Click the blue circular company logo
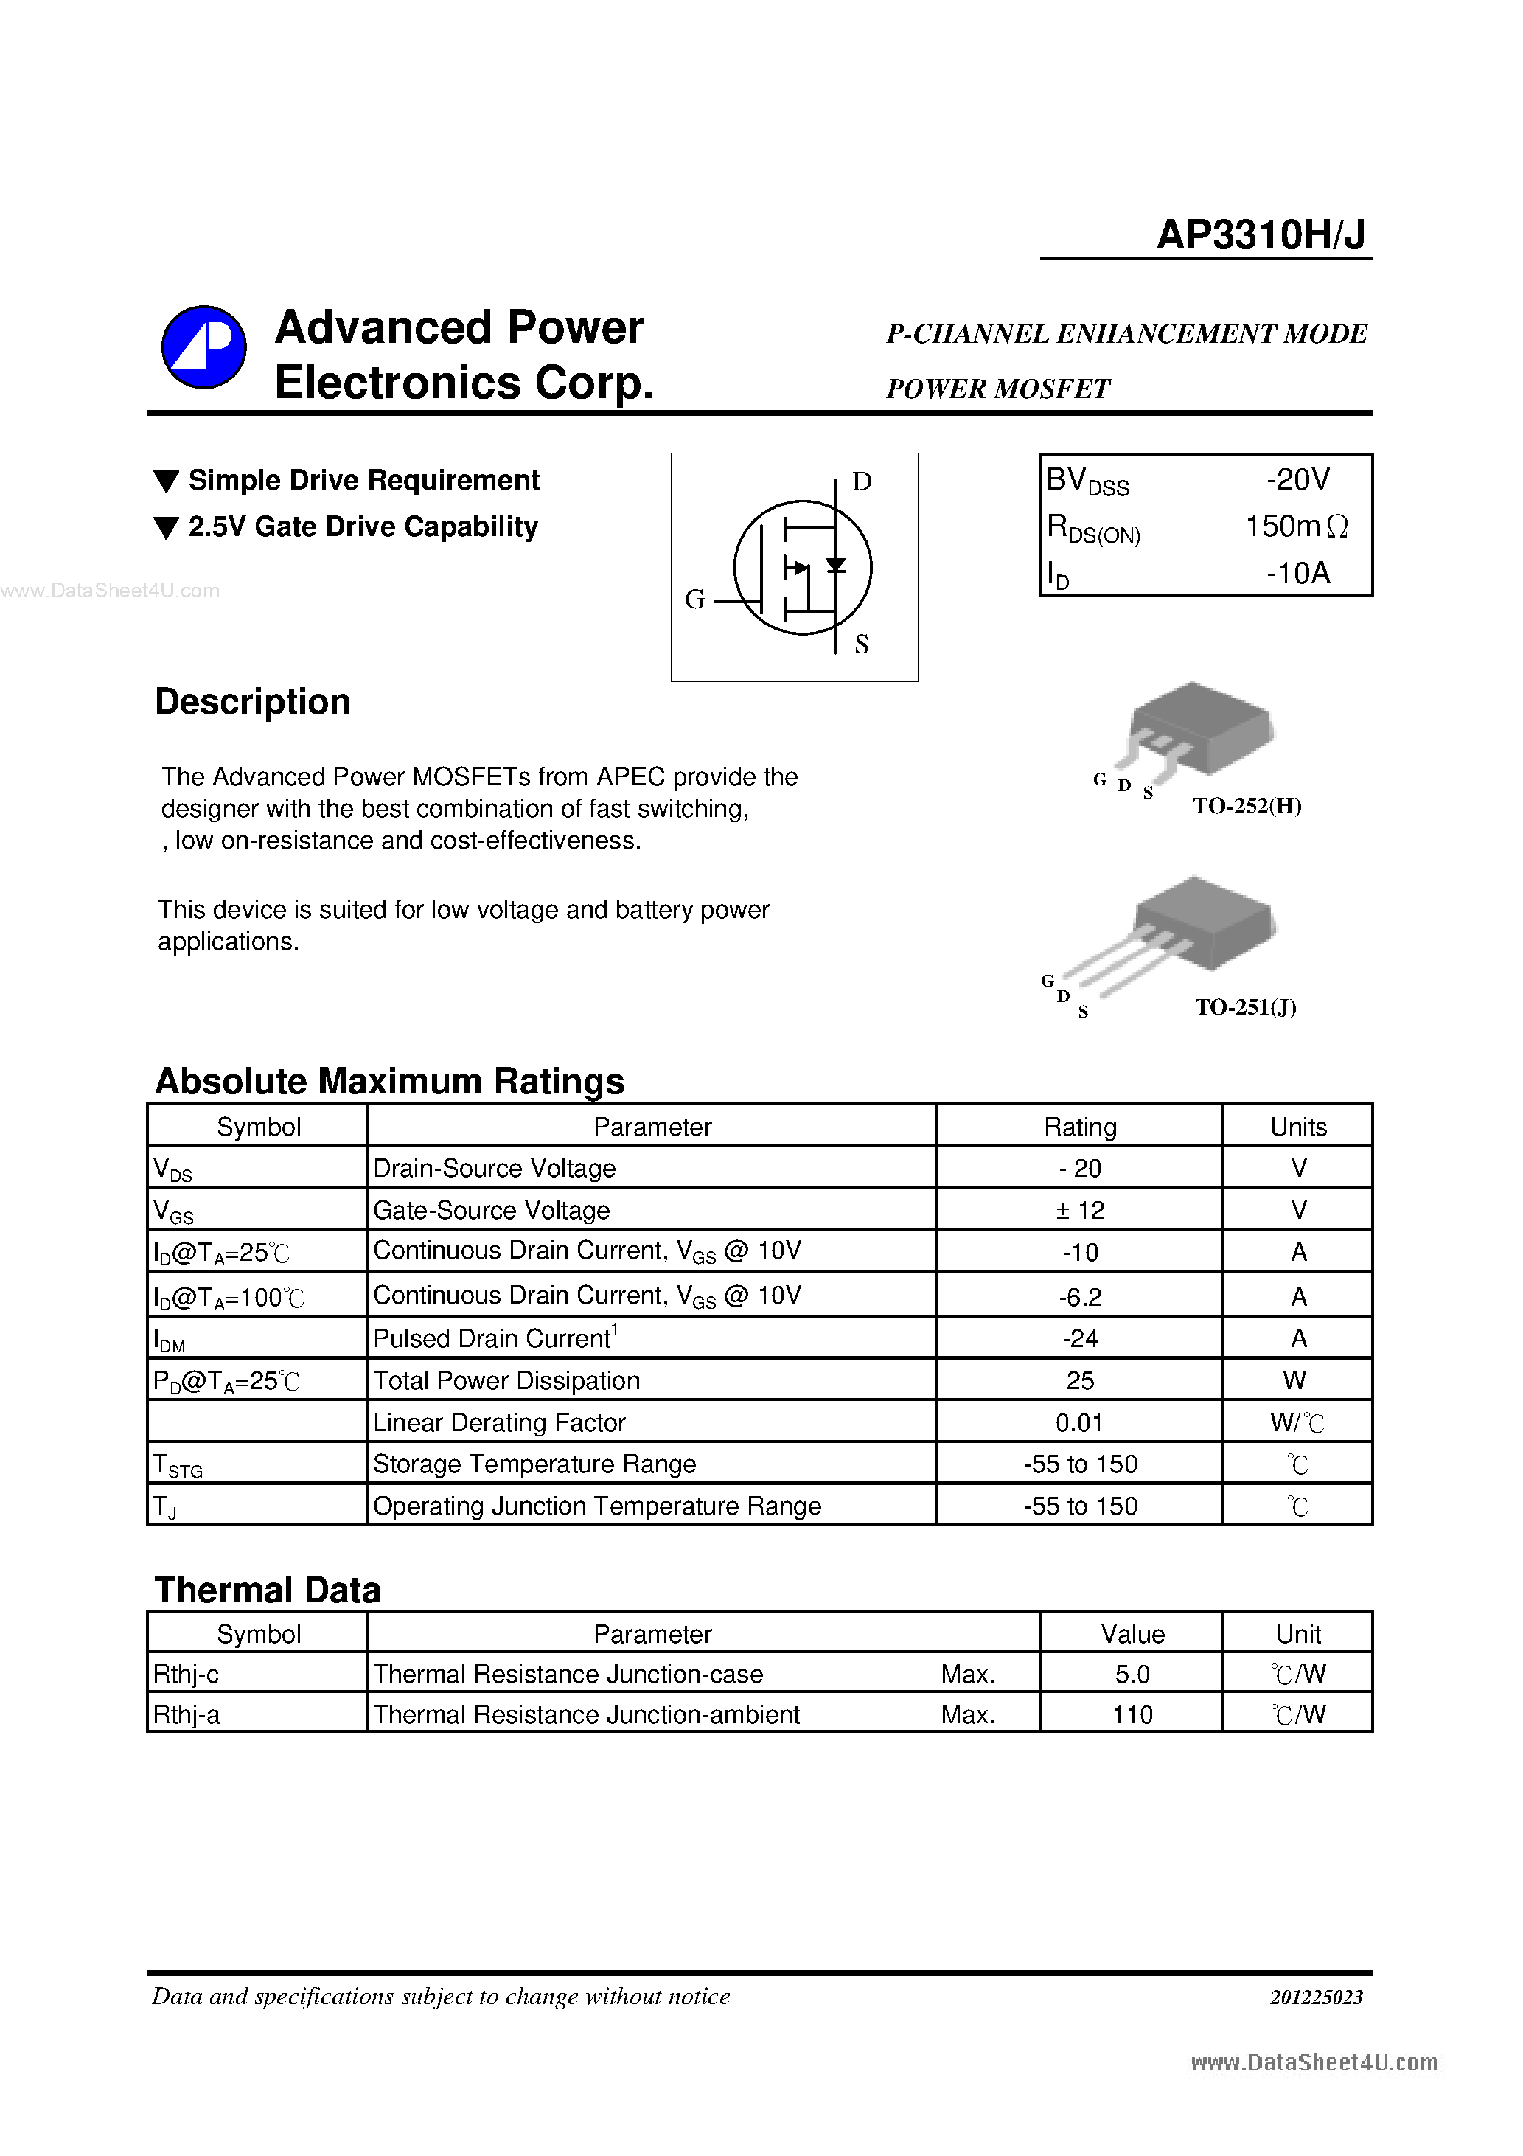(x=203, y=347)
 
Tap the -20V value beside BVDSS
(x=1297, y=480)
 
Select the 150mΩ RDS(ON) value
(x=1296, y=526)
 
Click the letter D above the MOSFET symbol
(x=861, y=481)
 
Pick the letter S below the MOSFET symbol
(x=861, y=644)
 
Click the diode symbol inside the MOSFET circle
(x=834, y=566)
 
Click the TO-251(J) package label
(x=1245, y=1006)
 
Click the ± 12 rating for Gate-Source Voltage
(x=1080, y=1211)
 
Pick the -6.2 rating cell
(x=1080, y=1297)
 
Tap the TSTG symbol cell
(x=178, y=1465)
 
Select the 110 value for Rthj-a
(x=1132, y=1714)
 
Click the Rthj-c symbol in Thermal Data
(x=186, y=1675)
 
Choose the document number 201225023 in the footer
(x=1316, y=1997)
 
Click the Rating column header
(x=1080, y=1127)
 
